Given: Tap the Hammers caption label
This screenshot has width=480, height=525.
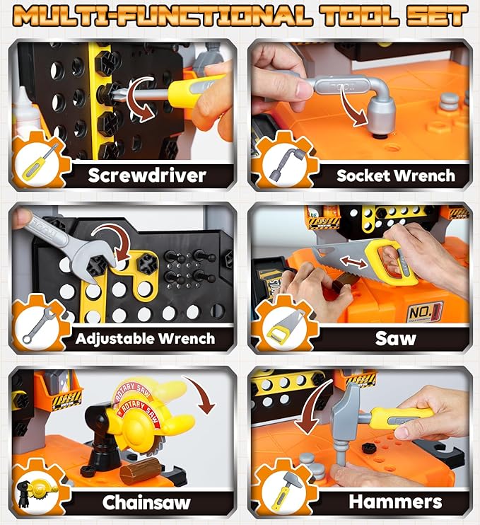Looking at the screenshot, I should (x=395, y=502).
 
